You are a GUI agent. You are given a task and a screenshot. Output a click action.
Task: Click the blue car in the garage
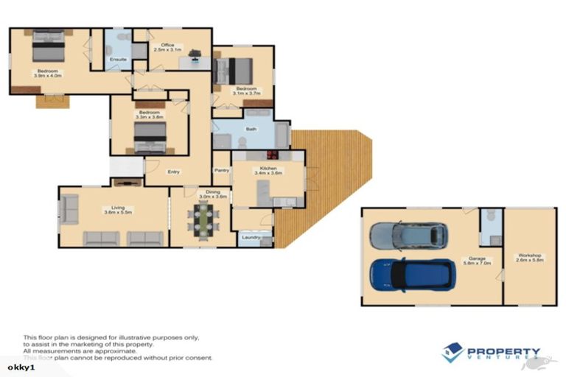[x=408, y=275]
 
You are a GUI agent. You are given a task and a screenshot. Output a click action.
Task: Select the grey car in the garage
[x=409, y=236]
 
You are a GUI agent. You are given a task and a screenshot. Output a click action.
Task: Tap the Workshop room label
[x=529, y=258]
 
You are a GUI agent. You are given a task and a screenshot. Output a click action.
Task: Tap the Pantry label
[x=221, y=170]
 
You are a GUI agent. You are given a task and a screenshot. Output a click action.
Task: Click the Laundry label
[x=249, y=238]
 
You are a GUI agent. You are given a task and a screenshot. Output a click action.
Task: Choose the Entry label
[x=173, y=172]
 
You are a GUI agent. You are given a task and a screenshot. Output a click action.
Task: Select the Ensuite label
[x=118, y=59]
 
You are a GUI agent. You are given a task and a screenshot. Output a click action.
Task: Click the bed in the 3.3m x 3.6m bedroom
[x=150, y=137]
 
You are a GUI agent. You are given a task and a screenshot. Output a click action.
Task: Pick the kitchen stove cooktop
[x=272, y=155]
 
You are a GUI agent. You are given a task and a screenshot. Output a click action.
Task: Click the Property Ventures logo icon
[x=453, y=353]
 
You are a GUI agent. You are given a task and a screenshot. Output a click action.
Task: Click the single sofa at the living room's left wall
[x=69, y=210]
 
